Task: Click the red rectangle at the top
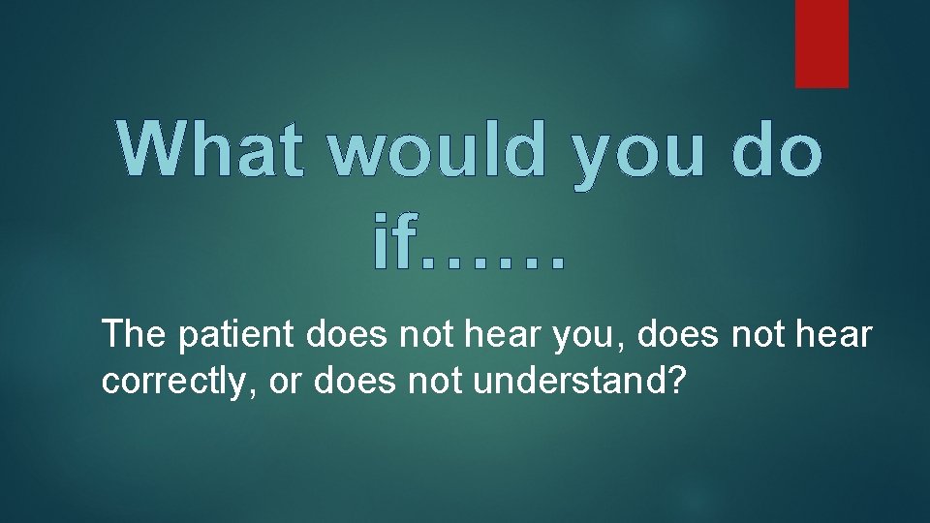pyautogui.click(x=821, y=43)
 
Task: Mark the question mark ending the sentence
pyautogui.click(x=676, y=381)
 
